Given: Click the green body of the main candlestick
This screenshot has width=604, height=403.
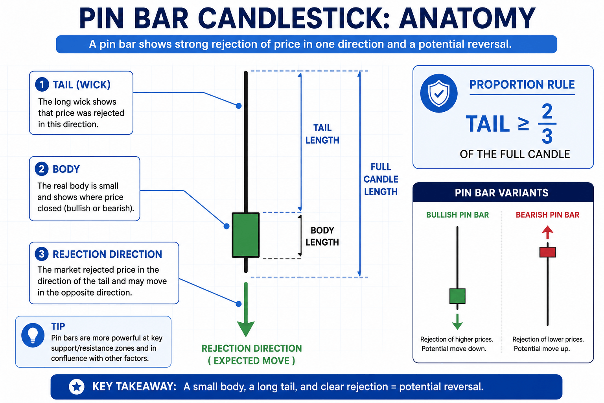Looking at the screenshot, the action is (246, 235).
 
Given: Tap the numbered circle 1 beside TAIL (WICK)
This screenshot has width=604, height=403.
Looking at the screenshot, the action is (42, 85).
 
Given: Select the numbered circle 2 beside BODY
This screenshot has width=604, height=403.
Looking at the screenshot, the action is (42, 169).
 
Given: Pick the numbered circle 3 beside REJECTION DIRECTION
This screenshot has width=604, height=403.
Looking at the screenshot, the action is (42, 254).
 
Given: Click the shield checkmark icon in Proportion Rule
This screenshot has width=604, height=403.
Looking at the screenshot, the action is (439, 93).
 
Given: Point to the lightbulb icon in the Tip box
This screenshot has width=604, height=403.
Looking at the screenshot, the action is (33, 335).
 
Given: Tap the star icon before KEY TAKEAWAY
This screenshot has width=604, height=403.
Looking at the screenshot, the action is (77, 387).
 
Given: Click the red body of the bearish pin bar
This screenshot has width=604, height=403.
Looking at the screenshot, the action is (547, 252).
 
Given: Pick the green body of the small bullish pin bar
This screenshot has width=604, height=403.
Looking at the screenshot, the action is (457, 296).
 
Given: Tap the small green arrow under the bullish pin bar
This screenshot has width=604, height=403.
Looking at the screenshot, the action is (457, 322).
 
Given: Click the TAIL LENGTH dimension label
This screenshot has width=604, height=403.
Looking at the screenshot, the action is (322, 134).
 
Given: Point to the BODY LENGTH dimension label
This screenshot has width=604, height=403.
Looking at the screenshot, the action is (322, 236).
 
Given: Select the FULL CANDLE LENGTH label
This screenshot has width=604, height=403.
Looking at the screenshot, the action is (381, 179).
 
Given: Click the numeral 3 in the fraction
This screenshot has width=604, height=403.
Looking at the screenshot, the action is (547, 136).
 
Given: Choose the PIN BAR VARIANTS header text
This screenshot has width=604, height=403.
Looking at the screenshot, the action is (501, 193).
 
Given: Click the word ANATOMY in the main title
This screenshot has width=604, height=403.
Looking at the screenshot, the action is (467, 18).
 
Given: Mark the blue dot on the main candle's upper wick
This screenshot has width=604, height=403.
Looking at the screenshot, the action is (239, 106).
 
